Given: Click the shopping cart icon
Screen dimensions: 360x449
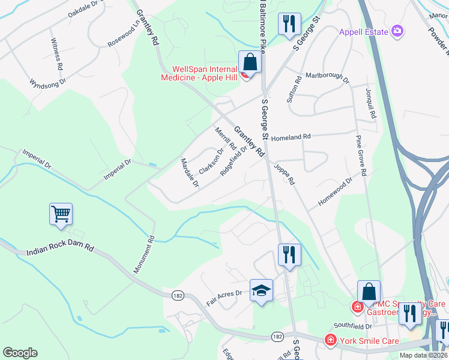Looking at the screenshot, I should [61, 214].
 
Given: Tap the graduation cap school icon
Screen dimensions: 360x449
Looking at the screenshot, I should [261, 291].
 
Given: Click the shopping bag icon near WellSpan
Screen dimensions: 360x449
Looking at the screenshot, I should [250, 62].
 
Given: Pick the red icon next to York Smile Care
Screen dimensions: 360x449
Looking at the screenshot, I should [330, 341].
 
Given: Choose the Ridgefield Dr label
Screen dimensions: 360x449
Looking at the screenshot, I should [234, 160].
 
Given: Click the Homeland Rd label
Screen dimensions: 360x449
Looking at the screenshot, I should [291, 137].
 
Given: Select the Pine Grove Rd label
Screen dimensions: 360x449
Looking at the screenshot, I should [361, 155].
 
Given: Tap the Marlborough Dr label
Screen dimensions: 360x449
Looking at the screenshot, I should [327, 77].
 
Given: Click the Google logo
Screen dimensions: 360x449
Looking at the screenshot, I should [20, 352].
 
